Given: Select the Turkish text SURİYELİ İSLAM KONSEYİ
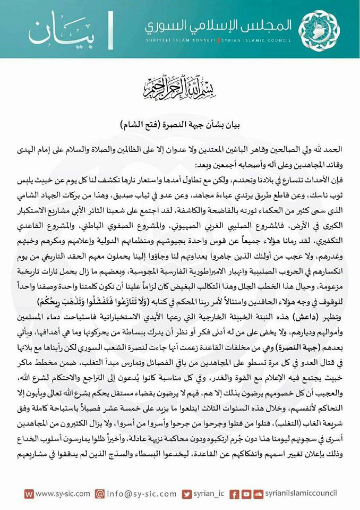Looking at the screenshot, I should coord(180,41).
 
